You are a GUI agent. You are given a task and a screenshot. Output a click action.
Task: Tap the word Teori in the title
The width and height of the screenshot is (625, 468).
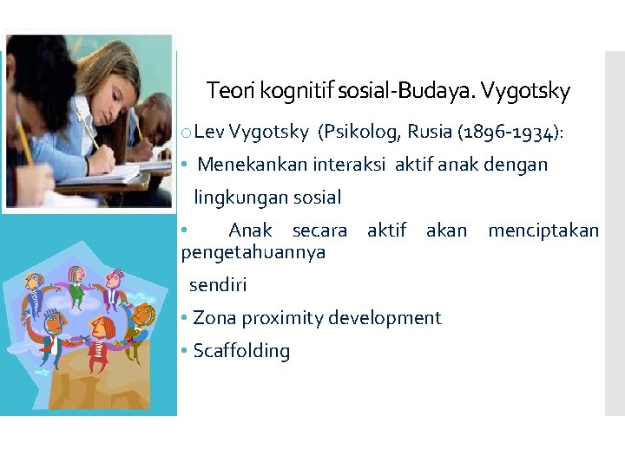pos(228,90)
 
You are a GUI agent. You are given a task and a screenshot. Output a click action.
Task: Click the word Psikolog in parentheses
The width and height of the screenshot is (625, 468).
pos(353,132)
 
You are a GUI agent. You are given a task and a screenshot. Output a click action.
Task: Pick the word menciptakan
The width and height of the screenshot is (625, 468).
pos(543,231)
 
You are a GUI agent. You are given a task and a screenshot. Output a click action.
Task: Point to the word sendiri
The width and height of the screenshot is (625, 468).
pos(218,285)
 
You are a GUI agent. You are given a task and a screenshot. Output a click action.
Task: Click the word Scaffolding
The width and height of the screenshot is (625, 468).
pos(241,351)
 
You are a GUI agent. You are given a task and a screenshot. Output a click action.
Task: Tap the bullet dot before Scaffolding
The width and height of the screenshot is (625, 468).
pos(185,351)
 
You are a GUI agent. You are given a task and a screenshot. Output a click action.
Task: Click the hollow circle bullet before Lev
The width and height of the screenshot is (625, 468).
pos(187,133)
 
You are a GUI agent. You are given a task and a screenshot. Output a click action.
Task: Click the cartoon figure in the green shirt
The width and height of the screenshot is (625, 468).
pos(76,286)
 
